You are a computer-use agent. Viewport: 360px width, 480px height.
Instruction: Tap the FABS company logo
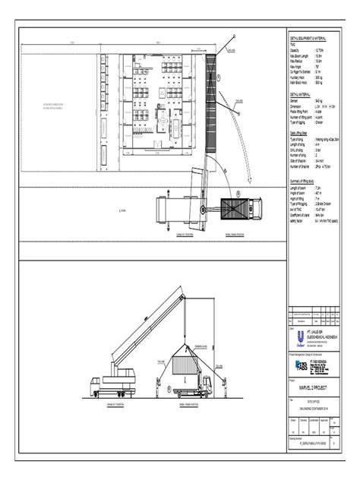coord(299,364)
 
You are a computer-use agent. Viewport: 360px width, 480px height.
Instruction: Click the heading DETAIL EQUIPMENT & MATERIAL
coord(310,36)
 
